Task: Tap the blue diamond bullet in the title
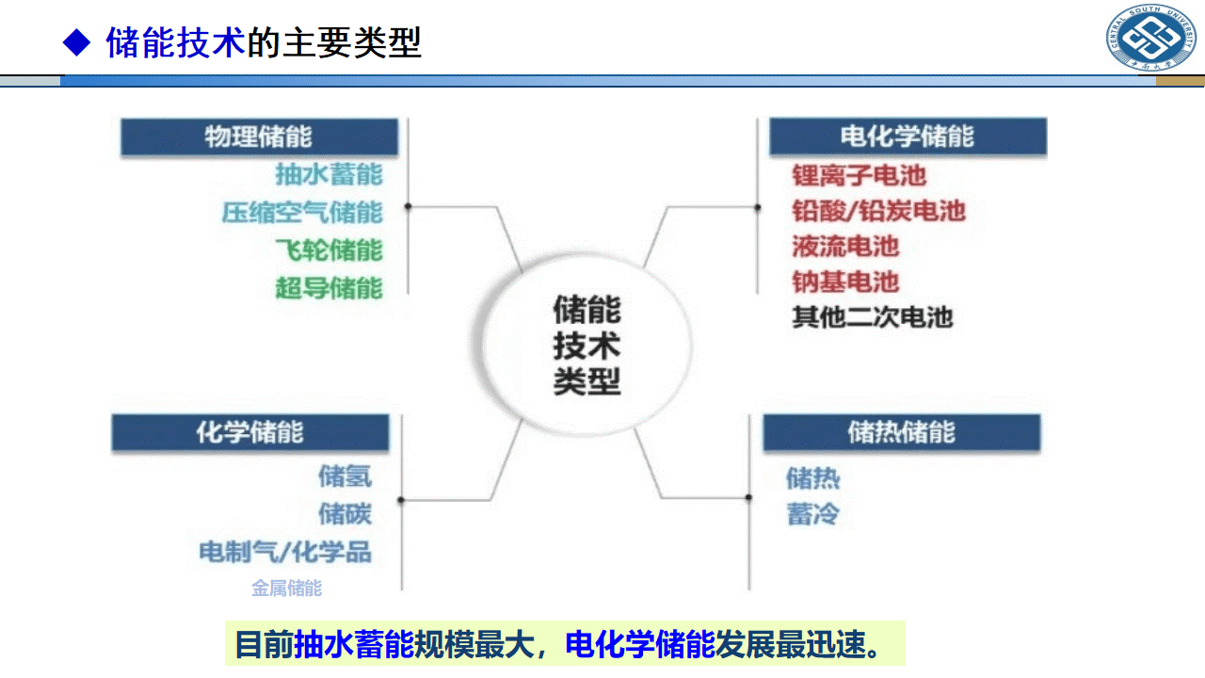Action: [x=75, y=42]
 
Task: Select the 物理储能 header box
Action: [x=259, y=137]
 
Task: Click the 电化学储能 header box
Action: [x=908, y=137]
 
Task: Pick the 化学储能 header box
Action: [x=250, y=432]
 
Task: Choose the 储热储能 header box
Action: [x=901, y=432]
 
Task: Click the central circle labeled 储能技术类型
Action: [x=586, y=346]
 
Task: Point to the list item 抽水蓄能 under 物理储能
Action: [x=329, y=174]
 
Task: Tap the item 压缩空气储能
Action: [x=302, y=212]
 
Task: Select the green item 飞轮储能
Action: [x=329, y=250]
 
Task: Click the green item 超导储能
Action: [x=329, y=286]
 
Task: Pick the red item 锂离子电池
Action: [x=859, y=175]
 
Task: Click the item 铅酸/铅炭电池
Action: [x=878, y=211]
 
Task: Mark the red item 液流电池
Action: [x=845, y=247]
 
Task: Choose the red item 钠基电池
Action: [x=845, y=282]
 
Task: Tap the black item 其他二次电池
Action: [x=872, y=317]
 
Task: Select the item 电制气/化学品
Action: [x=285, y=551]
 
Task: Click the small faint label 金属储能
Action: [x=286, y=589]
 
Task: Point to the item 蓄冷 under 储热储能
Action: [x=812, y=515]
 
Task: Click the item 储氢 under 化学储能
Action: [x=345, y=476]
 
